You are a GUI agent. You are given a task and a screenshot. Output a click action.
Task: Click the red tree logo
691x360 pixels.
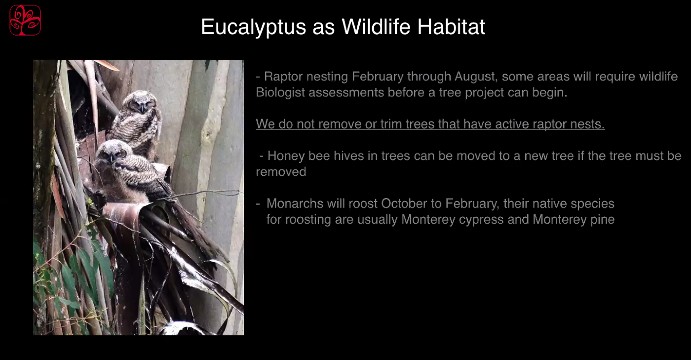[25, 20]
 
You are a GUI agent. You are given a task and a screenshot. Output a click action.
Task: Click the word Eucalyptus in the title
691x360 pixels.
[254, 27]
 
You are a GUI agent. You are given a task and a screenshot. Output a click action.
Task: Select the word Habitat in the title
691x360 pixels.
[451, 26]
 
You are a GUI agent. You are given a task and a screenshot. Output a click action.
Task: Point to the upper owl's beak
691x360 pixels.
[142, 109]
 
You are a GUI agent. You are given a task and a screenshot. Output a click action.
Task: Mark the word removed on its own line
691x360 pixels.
[281, 172]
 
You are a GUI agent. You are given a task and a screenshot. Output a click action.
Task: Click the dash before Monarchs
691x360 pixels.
[258, 204]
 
